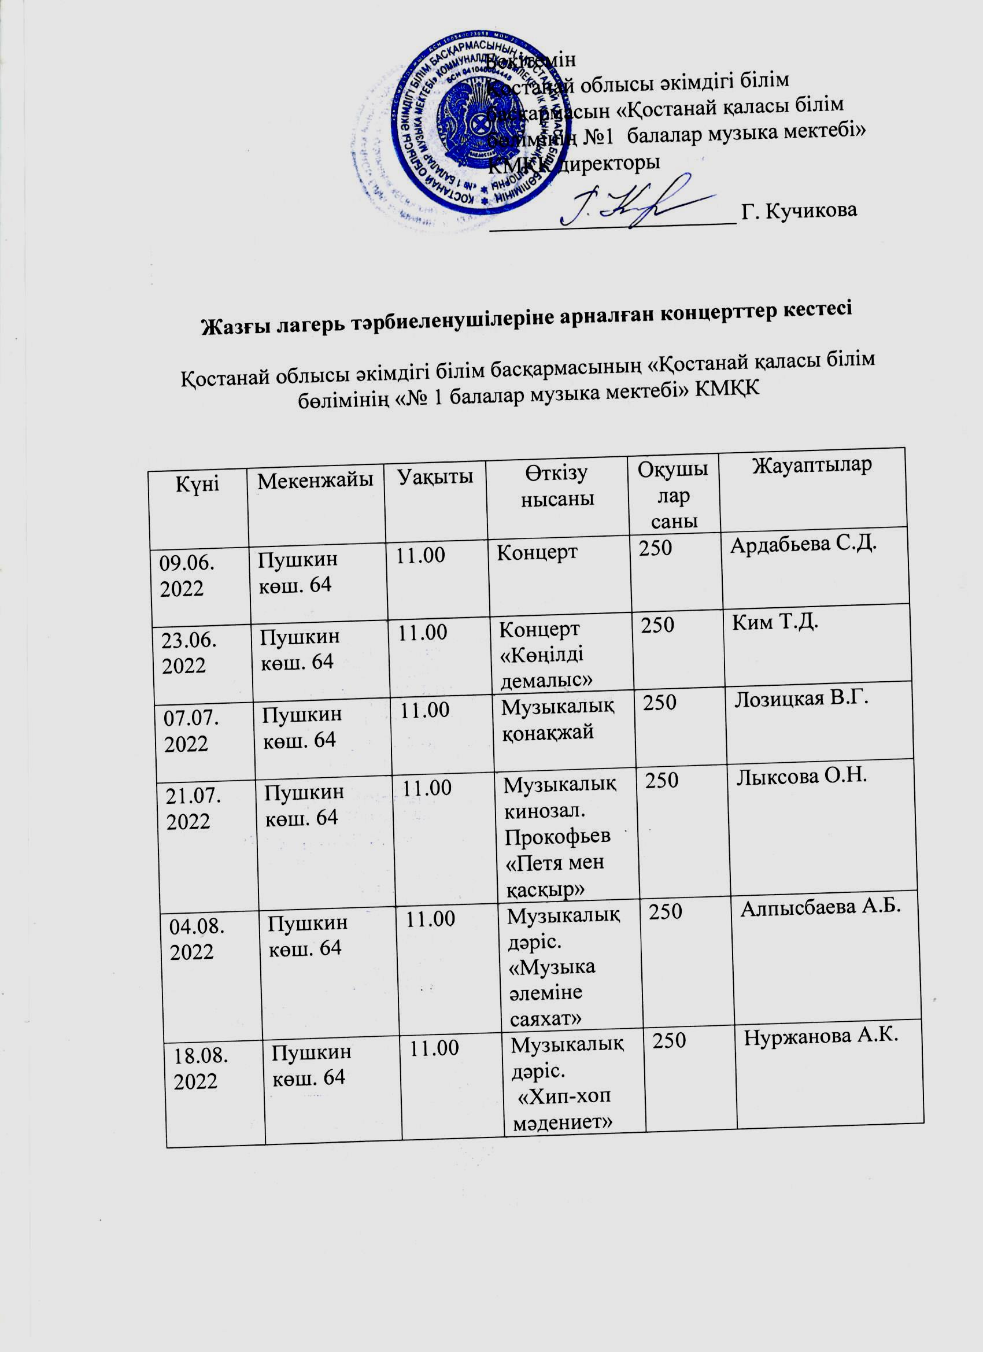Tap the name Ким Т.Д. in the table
tap(774, 623)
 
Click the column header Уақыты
tap(436, 477)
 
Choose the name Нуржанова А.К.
tap(820, 1037)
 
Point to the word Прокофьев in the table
tap(557, 836)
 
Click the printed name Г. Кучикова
tap(798, 210)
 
